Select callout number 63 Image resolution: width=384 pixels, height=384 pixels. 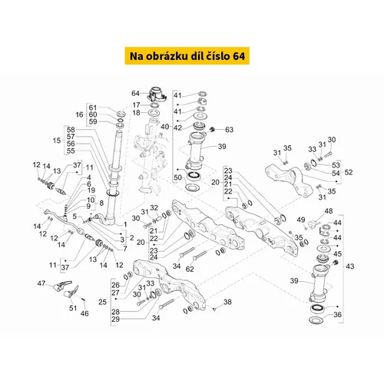(229, 130)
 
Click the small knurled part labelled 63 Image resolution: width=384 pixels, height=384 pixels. (212, 130)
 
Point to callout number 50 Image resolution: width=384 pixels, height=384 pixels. (177, 177)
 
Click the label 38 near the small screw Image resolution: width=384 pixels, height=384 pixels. (227, 302)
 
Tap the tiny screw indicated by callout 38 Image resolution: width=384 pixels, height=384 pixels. (214, 310)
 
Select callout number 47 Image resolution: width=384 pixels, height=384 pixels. (41, 283)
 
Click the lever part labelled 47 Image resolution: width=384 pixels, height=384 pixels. (62, 286)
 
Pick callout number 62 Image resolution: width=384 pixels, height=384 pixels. (190, 269)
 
